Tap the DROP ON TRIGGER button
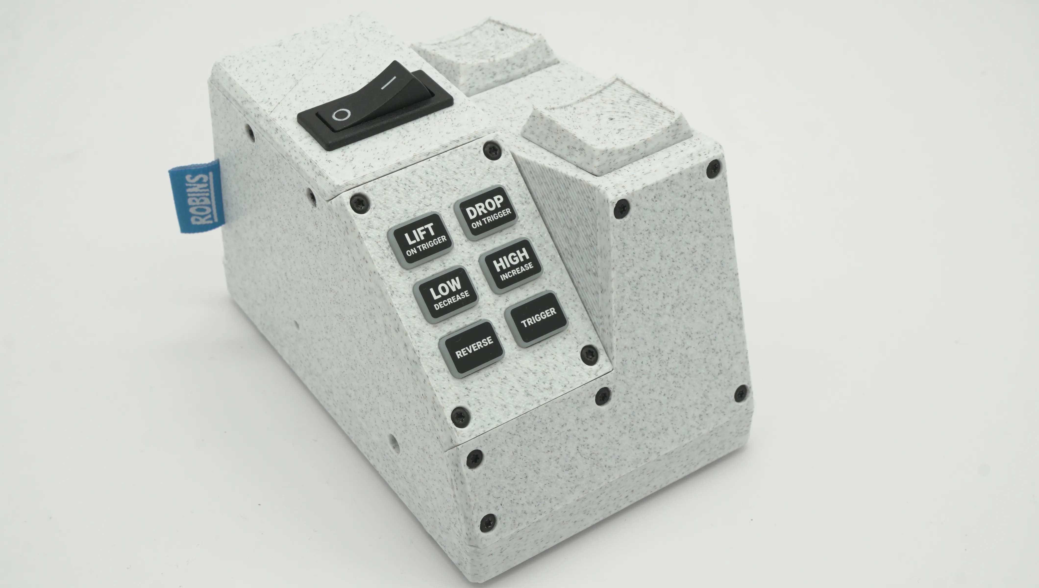[487, 213]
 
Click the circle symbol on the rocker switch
[341, 115]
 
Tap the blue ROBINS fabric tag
[196, 197]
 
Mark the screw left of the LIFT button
[359, 202]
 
